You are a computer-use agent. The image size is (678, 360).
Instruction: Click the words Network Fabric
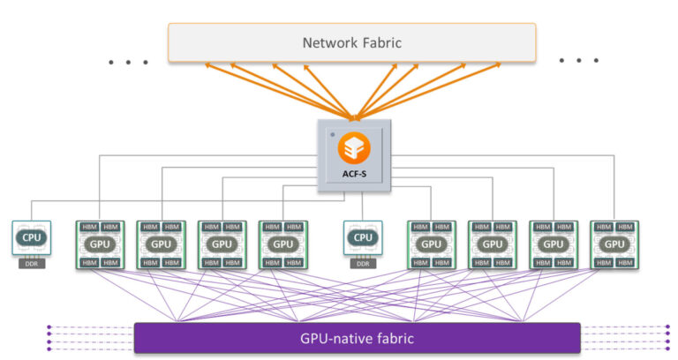(x=351, y=42)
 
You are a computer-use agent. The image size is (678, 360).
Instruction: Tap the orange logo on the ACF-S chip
(x=353, y=146)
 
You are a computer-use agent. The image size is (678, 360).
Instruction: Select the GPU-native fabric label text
(x=357, y=338)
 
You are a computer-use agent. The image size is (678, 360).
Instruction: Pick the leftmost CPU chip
(x=31, y=238)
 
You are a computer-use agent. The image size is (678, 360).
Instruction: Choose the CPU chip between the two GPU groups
(x=362, y=238)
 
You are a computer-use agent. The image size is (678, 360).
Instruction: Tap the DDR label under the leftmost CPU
(x=31, y=263)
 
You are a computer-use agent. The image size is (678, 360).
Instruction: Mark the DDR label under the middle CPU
(x=362, y=263)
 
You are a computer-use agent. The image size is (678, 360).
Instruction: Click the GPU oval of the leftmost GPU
(x=100, y=244)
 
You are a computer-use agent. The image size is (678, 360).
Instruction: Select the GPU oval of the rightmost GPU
(x=614, y=244)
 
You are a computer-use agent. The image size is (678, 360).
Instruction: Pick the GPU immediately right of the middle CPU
(x=431, y=244)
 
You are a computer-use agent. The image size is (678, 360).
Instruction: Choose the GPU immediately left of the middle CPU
(x=282, y=244)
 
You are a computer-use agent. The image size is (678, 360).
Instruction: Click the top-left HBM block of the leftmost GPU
(x=90, y=227)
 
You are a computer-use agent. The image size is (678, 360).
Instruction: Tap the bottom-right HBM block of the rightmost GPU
(x=625, y=262)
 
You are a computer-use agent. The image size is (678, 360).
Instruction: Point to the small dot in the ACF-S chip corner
(x=332, y=134)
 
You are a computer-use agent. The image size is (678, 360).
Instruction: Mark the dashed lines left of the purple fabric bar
(x=88, y=338)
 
